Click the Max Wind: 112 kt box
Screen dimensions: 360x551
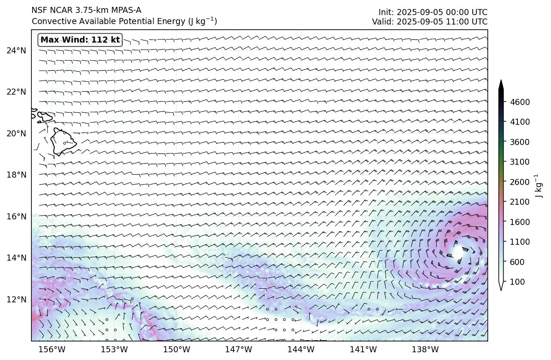[x=80, y=40]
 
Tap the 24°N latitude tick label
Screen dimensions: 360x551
[x=16, y=51]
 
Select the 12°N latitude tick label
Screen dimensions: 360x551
[x=16, y=299]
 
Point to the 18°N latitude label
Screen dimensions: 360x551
[x=16, y=175]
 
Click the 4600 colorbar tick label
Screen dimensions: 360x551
[x=520, y=102]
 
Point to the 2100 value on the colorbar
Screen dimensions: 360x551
[x=520, y=202]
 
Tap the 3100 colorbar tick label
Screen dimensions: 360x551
[x=520, y=162]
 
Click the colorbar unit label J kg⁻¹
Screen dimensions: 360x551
[x=538, y=186]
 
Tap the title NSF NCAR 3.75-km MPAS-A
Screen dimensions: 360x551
[x=86, y=10]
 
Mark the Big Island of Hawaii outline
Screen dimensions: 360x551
[x=63, y=142]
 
